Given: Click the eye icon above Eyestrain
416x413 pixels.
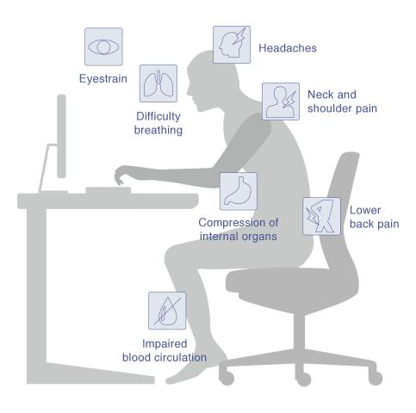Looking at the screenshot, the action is [103, 46].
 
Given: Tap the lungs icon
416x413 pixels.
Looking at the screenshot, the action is [158, 83].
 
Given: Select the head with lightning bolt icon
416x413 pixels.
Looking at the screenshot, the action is [232, 45].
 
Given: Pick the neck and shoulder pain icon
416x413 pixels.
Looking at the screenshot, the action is [281, 102].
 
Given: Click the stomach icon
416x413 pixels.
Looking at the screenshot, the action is [239, 191].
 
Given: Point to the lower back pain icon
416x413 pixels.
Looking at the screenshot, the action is [322, 216].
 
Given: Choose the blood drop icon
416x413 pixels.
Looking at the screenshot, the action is [167, 311].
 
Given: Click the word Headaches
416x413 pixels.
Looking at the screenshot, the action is [288, 48].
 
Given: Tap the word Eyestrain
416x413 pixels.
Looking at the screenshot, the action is [103, 78].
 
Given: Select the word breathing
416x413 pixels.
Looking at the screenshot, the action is [158, 130].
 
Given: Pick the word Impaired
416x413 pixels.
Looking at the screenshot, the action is [165, 343].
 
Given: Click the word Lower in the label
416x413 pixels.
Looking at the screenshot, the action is [365, 210].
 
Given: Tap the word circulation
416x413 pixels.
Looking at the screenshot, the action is [180, 357].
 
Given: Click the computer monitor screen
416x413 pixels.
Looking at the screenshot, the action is [61, 136].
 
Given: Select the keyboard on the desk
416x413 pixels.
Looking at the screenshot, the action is [109, 190].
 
